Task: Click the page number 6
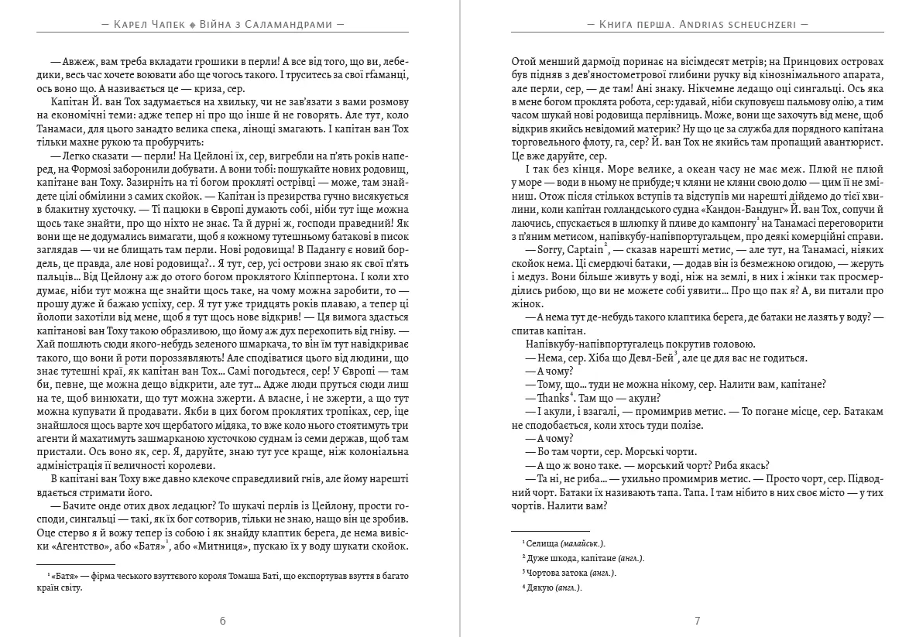click(223, 620)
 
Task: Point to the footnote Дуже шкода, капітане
click(572, 558)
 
